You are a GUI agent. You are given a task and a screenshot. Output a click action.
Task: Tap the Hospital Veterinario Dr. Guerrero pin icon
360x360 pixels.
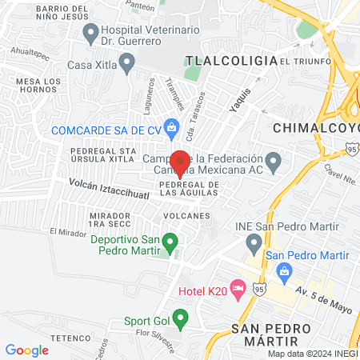90,33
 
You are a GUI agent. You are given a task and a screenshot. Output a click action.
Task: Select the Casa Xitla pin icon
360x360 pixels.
126,62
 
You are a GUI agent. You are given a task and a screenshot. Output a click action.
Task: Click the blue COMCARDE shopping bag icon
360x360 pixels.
170,125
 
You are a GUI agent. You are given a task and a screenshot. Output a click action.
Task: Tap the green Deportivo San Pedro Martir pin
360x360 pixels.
169,239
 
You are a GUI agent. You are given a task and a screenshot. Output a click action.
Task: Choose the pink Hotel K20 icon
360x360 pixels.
237,287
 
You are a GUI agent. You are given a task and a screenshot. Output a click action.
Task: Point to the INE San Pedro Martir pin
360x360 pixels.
254,240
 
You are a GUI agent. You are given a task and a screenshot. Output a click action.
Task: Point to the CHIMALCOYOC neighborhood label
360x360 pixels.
317,128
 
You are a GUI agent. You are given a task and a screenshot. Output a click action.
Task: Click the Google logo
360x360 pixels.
26,350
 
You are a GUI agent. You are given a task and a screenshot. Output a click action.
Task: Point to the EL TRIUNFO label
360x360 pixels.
302,61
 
